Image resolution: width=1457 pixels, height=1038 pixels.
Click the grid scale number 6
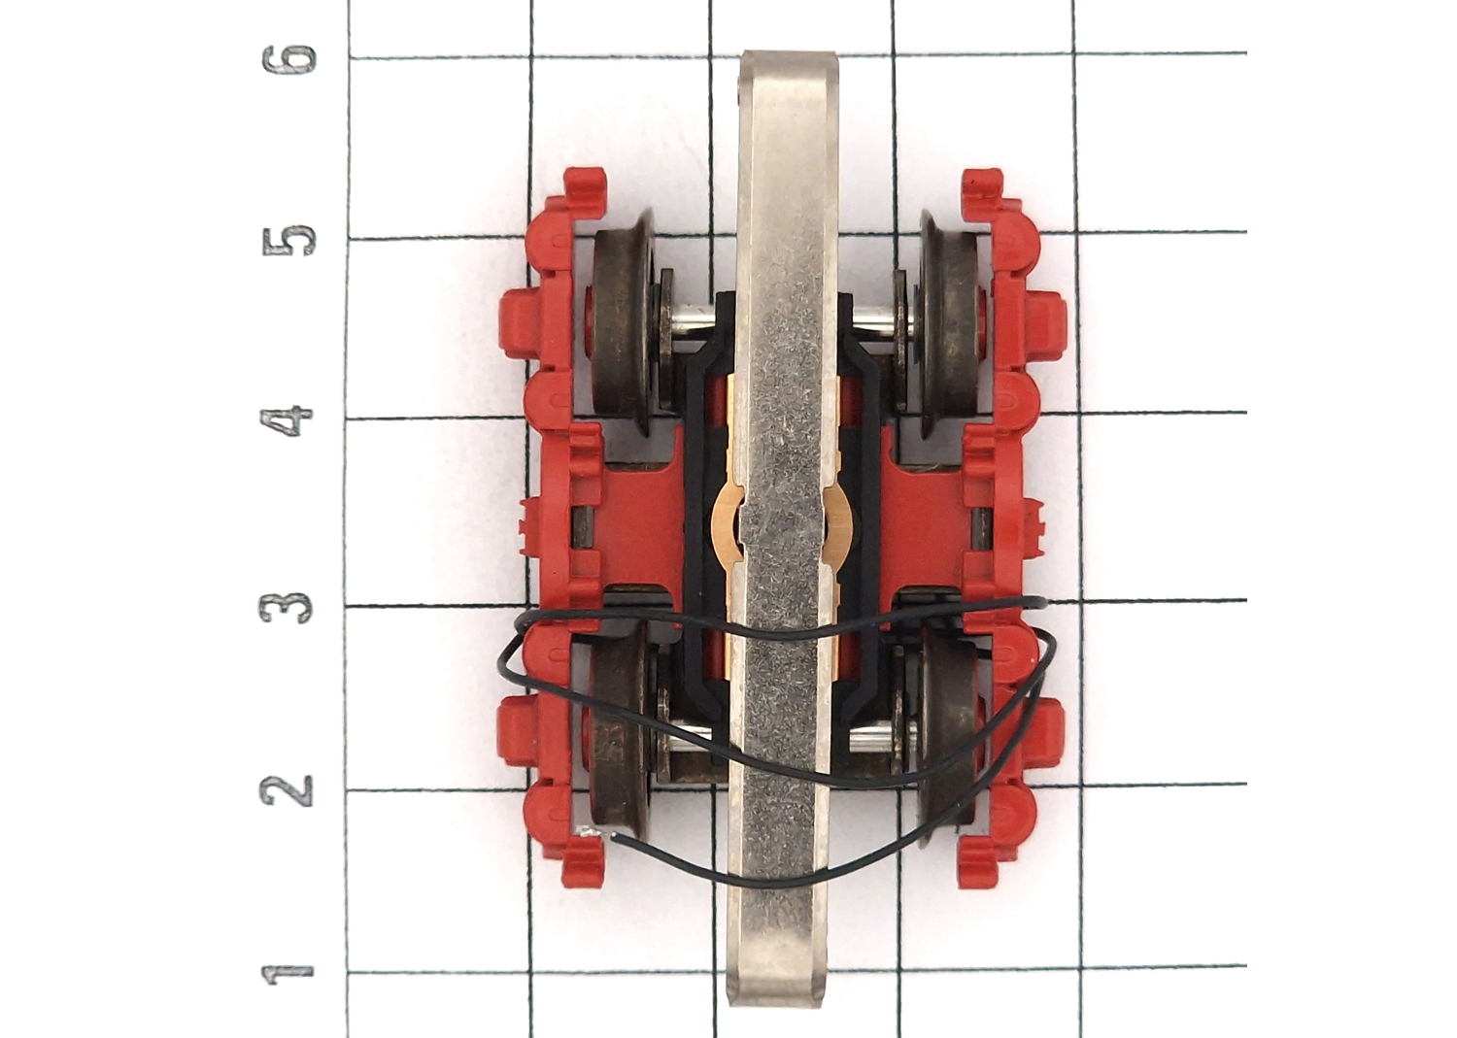(288, 59)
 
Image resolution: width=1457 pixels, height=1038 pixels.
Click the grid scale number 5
(288, 240)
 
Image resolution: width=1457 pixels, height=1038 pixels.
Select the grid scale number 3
(287, 608)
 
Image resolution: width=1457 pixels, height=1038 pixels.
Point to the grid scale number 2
(287, 791)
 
